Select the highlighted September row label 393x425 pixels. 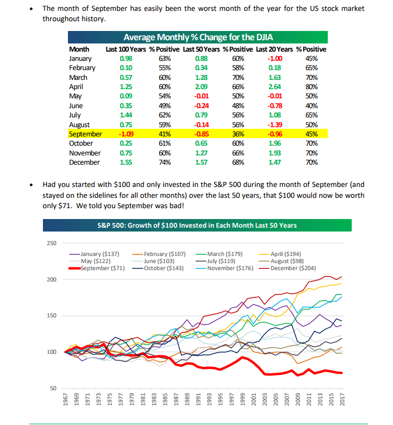pyautogui.click(x=85, y=134)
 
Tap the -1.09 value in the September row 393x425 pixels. pyautogui.click(x=125, y=134)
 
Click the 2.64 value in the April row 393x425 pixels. pyautogui.click(x=275, y=87)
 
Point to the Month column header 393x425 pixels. pyautogui.click(x=79, y=49)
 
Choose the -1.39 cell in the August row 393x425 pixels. pyautogui.click(x=275, y=124)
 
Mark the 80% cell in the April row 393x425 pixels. pyautogui.click(x=311, y=87)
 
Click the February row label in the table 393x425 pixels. pyautogui.click(x=82, y=68)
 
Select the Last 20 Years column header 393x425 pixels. pyautogui.click(x=275, y=49)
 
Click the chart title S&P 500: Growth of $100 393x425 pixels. pyautogui.click(x=197, y=226)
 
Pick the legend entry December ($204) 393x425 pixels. pyautogui.click(x=291, y=268)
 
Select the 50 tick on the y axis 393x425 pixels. pyautogui.click(x=52, y=388)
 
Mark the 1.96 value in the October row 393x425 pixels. pyautogui.click(x=275, y=143)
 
